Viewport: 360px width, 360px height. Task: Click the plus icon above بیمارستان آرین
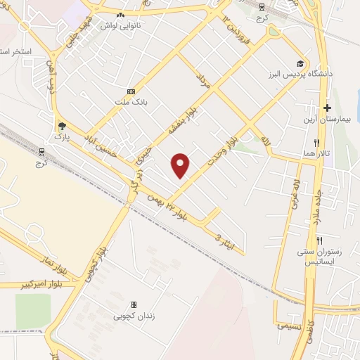pyautogui.click(x=327, y=108)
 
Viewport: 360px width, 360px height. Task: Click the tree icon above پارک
pyautogui.click(x=63, y=125)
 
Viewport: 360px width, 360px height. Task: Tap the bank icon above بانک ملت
pyautogui.click(x=131, y=92)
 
